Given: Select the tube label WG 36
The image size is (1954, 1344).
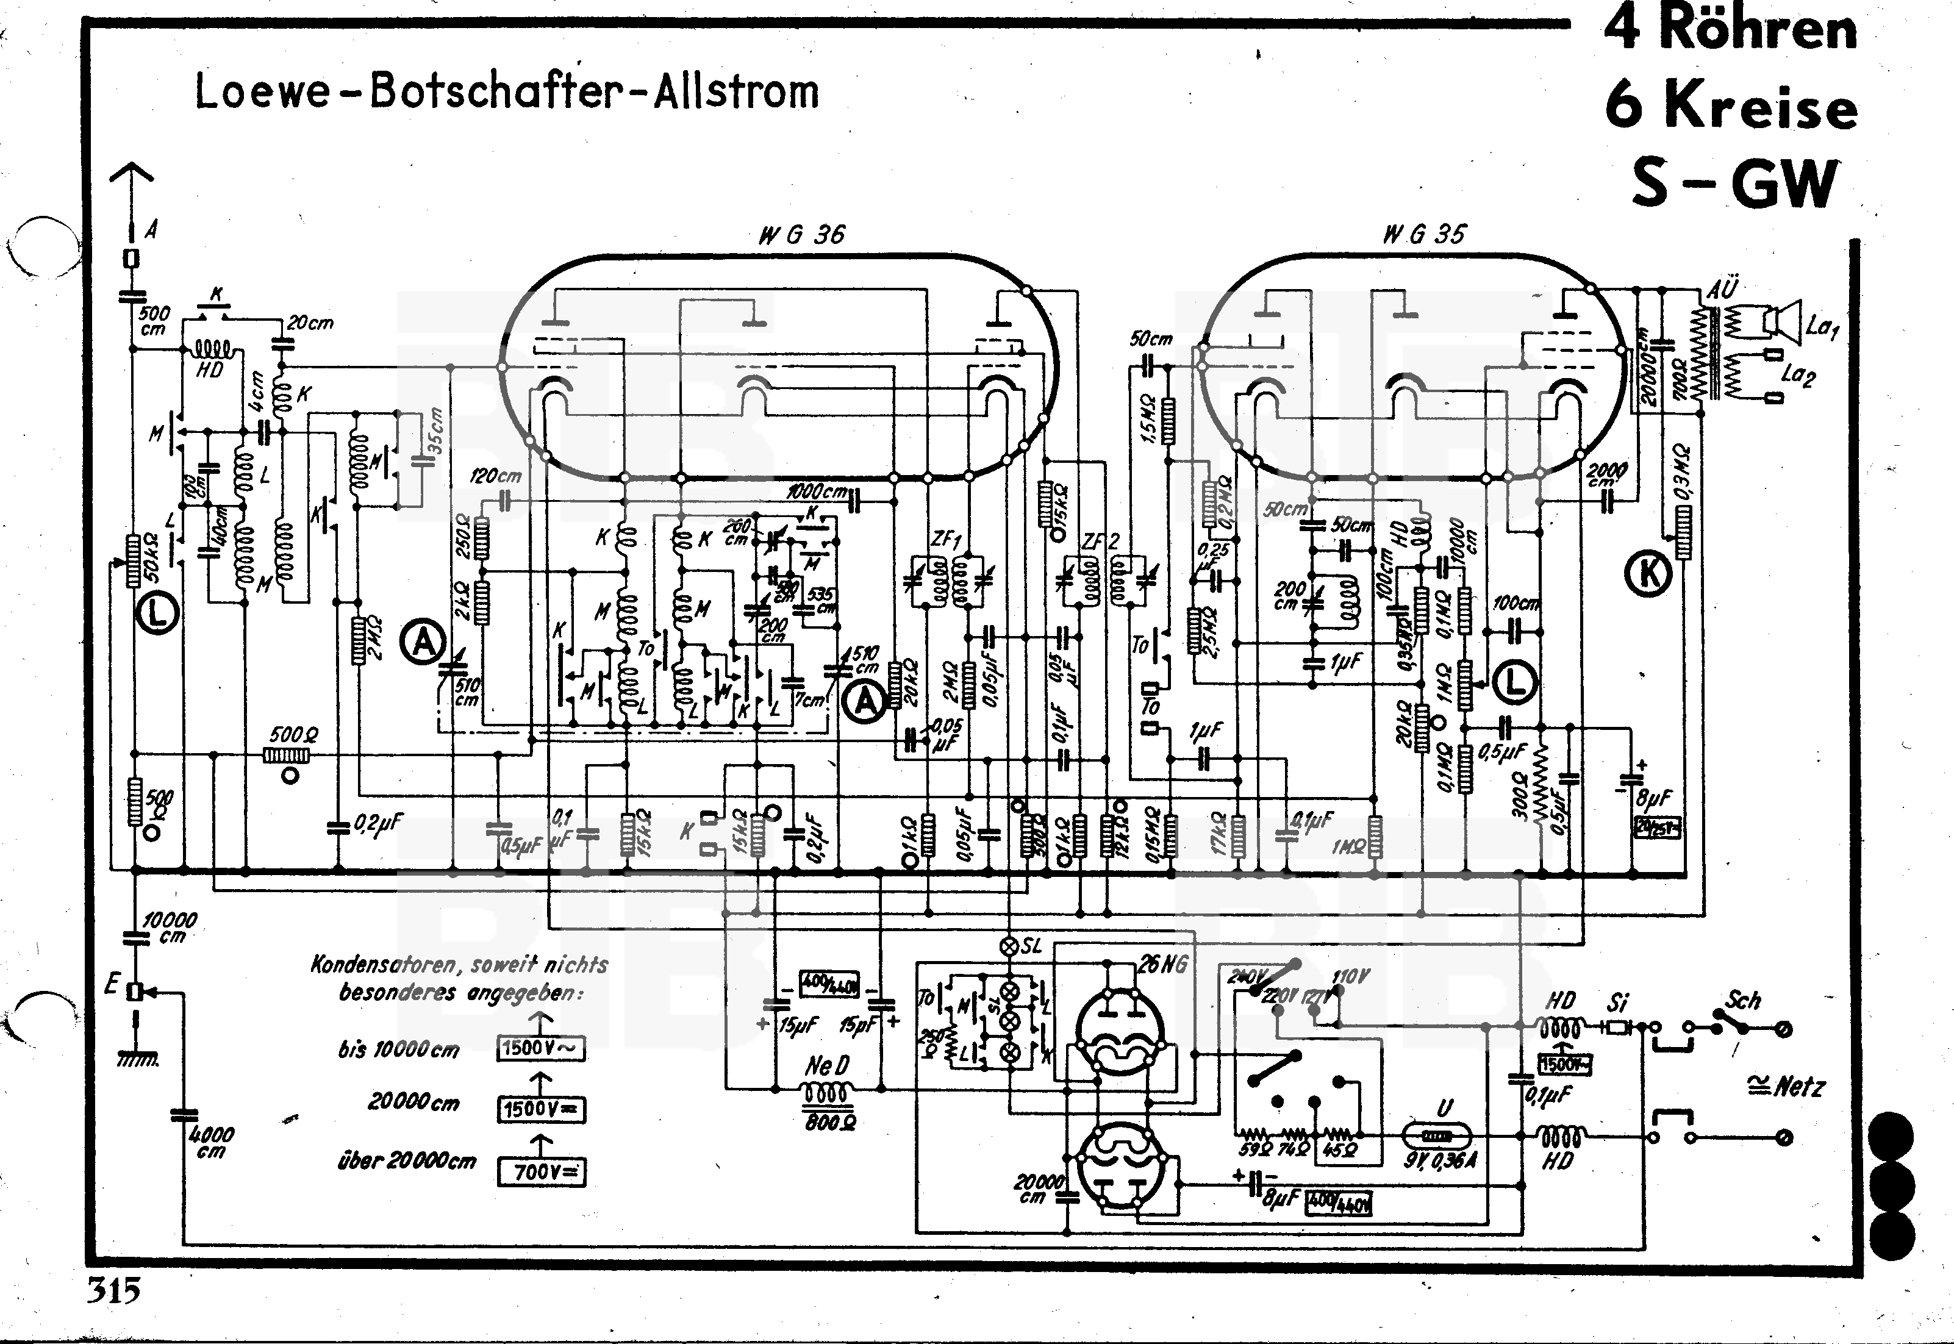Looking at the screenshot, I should pos(801,235).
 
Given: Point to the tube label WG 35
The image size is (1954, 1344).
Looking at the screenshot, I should pos(1423,234).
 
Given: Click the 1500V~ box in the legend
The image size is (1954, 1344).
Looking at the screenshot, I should pos(540,1048).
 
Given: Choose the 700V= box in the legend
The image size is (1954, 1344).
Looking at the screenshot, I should pos(540,1171).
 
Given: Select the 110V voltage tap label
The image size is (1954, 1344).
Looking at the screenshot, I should pos(1350,977).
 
